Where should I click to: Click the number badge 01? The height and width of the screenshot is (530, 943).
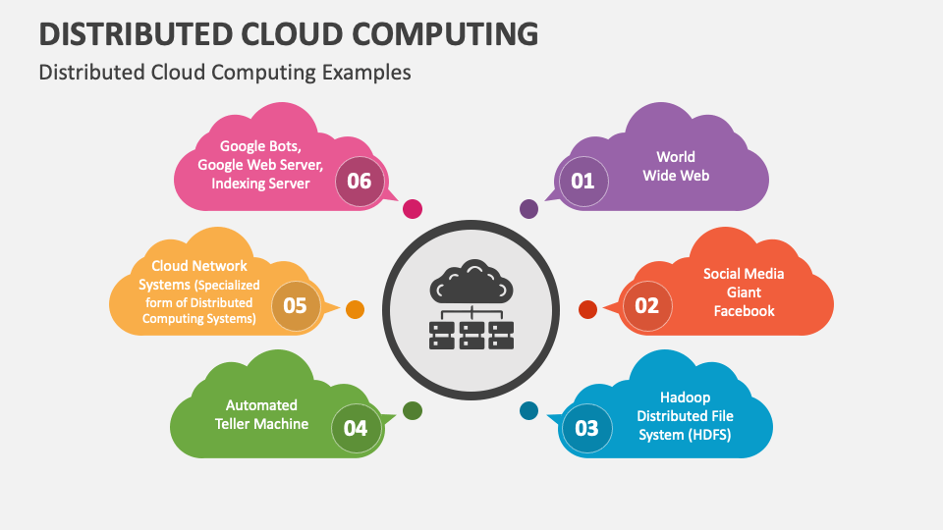coord(583,181)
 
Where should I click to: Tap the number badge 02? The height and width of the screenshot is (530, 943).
coord(646,305)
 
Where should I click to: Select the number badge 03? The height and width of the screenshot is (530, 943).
coord(586,428)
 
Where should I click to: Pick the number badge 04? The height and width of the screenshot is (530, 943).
coord(356,428)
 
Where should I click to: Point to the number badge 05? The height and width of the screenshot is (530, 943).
coord(295,305)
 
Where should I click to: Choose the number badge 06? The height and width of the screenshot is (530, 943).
coord(360,181)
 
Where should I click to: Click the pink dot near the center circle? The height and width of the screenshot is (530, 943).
coord(414,208)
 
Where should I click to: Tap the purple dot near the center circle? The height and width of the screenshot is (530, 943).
coord(528,208)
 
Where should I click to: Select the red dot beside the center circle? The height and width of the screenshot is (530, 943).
coord(587,309)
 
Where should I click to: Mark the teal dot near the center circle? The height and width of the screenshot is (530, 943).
coord(528,410)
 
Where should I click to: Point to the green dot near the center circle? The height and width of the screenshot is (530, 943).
coord(413,410)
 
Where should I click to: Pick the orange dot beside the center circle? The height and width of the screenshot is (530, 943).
coord(356,309)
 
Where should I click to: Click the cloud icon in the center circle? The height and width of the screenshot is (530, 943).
coord(472,284)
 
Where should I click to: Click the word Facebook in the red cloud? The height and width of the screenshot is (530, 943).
coord(744,311)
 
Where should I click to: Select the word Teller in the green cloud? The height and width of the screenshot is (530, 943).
coord(236,424)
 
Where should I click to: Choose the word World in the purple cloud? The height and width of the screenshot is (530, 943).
coord(676,157)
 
